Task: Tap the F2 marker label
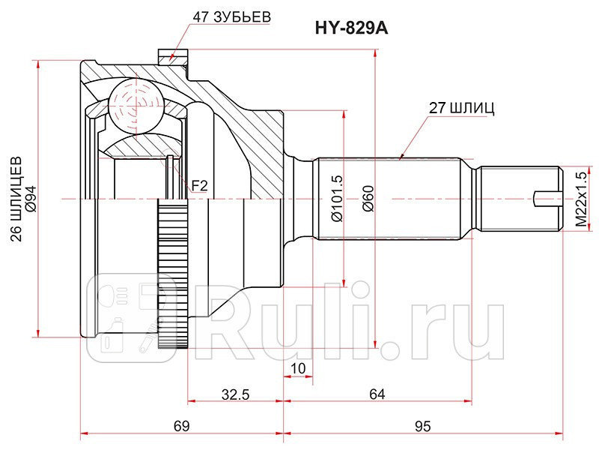tap(199, 184)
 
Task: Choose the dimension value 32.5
tap(236, 393)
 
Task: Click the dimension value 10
tap(297, 367)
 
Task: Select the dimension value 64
tap(377, 393)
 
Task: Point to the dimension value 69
tap(180, 426)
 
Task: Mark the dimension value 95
tap(423, 426)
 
